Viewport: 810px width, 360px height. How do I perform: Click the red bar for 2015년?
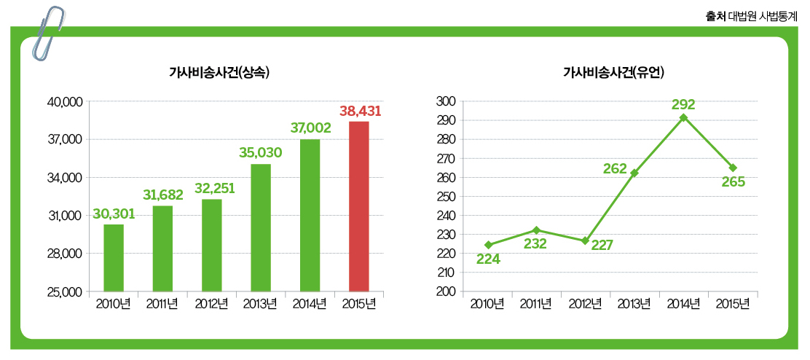coord(358,206)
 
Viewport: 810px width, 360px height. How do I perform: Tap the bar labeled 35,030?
coord(261,227)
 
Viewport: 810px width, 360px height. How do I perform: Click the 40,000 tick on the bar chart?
coord(64,102)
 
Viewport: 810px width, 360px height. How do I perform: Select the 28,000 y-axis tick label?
coord(64,254)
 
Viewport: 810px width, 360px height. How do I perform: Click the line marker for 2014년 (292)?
coord(683,117)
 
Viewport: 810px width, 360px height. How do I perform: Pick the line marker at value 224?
coord(488,245)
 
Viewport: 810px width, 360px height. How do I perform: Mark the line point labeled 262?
coord(634,173)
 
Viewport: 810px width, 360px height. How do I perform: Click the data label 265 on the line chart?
coord(733,182)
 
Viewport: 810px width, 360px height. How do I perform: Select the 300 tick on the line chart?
coord(447,101)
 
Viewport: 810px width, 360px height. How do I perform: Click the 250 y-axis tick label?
coord(447,197)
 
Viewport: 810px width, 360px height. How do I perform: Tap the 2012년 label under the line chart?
coord(586,304)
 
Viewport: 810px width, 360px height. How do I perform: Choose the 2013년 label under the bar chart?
coord(261,304)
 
